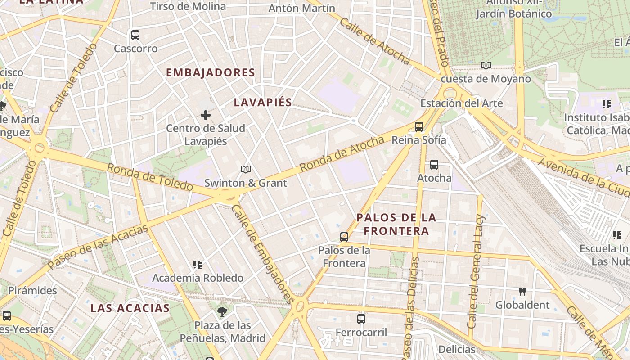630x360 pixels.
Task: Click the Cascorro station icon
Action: [x=135, y=35]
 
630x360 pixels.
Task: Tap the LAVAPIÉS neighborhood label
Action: [x=263, y=103]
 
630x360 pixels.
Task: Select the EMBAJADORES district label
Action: [x=210, y=72]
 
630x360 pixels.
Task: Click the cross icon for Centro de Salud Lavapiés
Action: [x=206, y=115]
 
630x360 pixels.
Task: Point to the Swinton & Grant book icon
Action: [x=245, y=170]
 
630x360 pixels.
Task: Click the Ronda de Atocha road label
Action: [x=342, y=154]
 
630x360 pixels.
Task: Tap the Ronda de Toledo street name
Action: [x=150, y=177]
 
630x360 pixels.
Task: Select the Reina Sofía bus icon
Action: [x=419, y=127]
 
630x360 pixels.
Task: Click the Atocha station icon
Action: [x=434, y=165]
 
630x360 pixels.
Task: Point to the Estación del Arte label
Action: [x=461, y=103]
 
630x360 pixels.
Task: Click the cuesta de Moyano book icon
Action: [x=486, y=66]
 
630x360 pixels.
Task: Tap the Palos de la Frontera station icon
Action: [x=344, y=237]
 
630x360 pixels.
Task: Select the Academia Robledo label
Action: [x=198, y=278]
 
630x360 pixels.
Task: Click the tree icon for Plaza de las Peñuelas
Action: [x=222, y=311]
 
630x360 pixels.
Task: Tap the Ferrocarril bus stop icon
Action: [x=361, y=319]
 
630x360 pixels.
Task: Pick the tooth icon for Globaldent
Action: [x=522, y=292]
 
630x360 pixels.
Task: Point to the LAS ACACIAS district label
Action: [x=130, y=308]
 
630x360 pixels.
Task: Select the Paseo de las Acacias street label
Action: [x=98, y=247]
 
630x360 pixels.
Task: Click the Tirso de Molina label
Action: [x=188, y=6]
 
